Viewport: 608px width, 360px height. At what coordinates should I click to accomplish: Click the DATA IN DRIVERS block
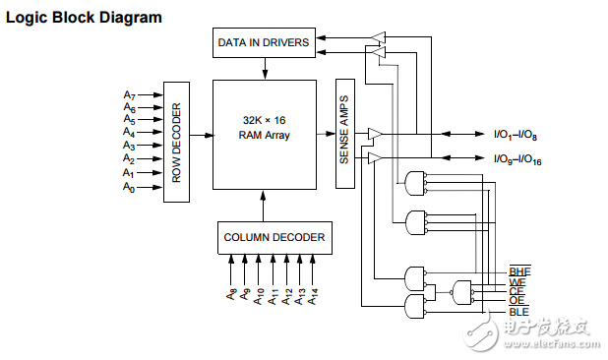pos(264,42)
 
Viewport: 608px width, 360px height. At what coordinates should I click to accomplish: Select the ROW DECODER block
pos(176,142)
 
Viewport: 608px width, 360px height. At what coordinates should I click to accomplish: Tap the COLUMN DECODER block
pos(274,238)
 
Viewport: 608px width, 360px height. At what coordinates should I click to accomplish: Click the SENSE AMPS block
pos(345,134)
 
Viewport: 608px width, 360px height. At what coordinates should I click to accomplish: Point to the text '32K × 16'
pos(264,120)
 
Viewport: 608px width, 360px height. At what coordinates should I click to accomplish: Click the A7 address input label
pos(130,95)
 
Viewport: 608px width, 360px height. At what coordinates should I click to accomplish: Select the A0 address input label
pos(129,187)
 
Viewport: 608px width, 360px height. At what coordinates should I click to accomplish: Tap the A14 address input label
pos(313,296)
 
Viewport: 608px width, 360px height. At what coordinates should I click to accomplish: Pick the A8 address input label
pos(231,294)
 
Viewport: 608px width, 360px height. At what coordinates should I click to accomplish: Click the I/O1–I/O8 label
pos(516,135)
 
